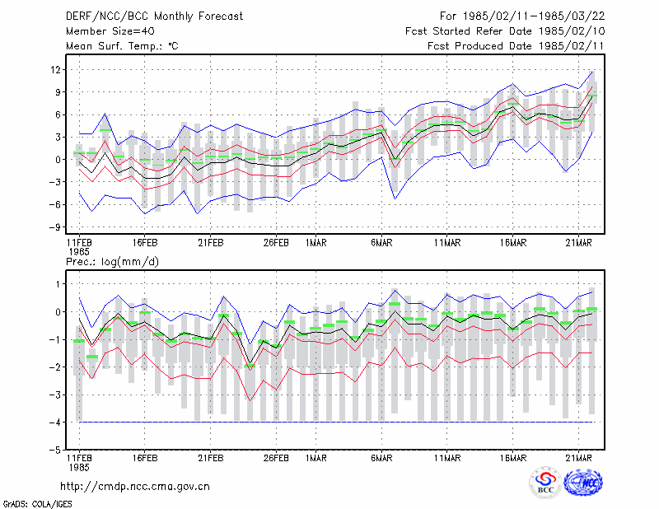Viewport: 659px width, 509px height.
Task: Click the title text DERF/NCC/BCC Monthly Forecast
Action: (x=154, y=16)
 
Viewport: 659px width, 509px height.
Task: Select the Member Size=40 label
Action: (x=110, y=31)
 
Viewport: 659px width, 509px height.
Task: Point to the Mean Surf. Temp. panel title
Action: (x=122, y=46)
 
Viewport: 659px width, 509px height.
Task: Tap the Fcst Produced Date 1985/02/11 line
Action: (x=516, y=46)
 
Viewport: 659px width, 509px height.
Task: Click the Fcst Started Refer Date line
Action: (x=505, y=31)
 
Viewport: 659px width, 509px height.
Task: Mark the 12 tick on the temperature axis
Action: (x=55, y=69)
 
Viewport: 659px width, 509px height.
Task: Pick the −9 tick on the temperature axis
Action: (x=54, y=227)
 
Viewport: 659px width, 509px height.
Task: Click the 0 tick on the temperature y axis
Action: (x=58, y=160)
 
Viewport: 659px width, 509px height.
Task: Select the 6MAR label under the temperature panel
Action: (x=381, y=243)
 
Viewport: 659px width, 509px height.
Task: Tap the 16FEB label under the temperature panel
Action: (x=145, y=243)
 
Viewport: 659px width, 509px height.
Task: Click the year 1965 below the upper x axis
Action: (x=79, y=252)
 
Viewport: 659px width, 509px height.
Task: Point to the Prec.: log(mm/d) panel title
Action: (x=113, y=262)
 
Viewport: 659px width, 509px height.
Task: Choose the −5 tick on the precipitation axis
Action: (x=54, y=450)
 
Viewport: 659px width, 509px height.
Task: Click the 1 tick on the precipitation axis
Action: (x=58, y=284)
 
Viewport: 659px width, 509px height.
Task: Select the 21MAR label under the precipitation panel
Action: (x=579, y=458)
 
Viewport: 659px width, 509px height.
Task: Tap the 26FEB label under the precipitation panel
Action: (x=276, y=458)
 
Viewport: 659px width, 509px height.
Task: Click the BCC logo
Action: (x=545, y=482)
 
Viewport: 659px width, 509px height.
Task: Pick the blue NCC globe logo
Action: (x=583, y=482)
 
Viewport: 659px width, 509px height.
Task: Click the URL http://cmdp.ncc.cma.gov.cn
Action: (x=135, y=487)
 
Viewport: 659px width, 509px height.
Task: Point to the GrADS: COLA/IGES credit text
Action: (x=38, y=504)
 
